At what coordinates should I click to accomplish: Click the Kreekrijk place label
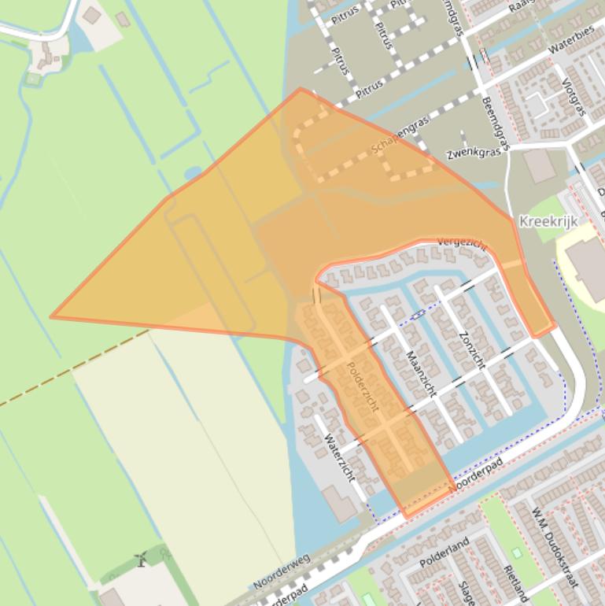click(x=548, y=221)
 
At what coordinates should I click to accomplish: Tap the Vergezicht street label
click(x=462, y=244)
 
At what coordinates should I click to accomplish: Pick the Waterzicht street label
click(x=339, y=457)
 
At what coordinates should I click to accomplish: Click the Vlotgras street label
click(x=575, y=97)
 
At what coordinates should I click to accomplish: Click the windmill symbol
click(x=142, y=560)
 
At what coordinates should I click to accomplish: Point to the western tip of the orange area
click(x=53, y=317)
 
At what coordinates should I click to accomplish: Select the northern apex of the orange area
click(x=300, y=89)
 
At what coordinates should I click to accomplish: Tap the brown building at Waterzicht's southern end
click(x=341, y=504)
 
